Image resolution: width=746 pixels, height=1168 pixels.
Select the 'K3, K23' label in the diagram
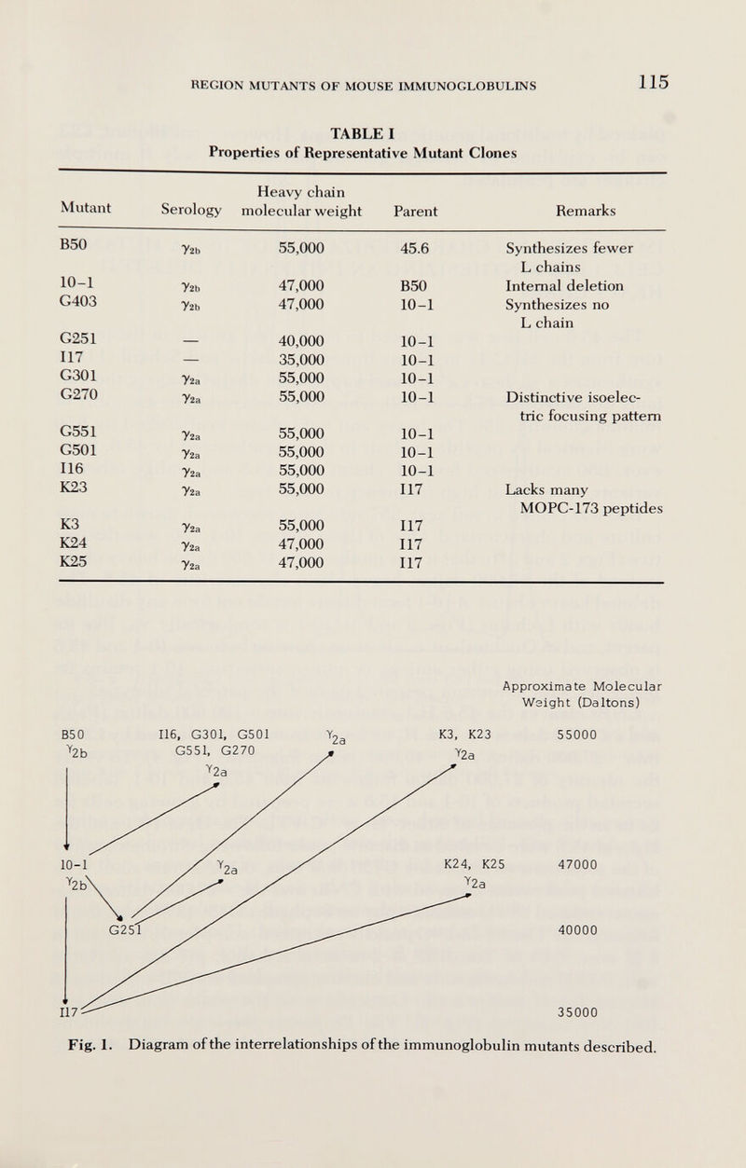click(x=464, y=708)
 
